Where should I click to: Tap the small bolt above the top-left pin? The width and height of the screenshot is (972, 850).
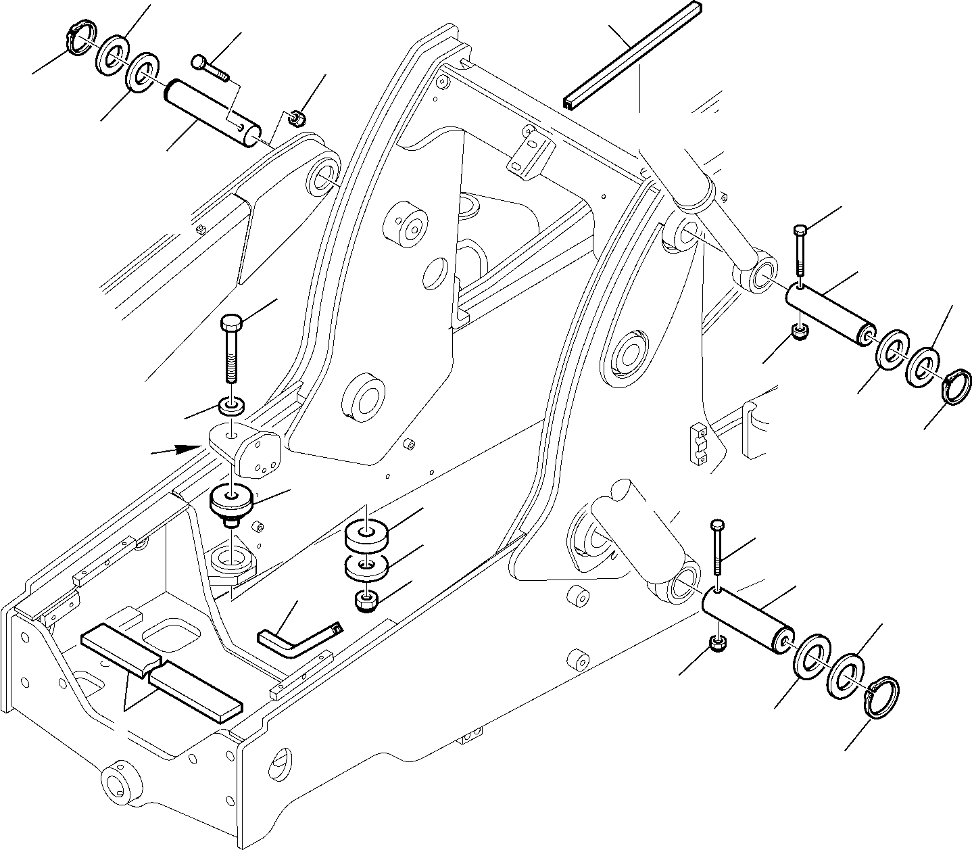210,68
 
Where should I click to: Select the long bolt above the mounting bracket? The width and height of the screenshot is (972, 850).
230,352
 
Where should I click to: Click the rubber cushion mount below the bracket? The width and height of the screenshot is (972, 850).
233,504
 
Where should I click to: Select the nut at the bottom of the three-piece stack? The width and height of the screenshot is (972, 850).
366,600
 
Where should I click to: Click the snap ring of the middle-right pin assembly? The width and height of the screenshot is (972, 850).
956,386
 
